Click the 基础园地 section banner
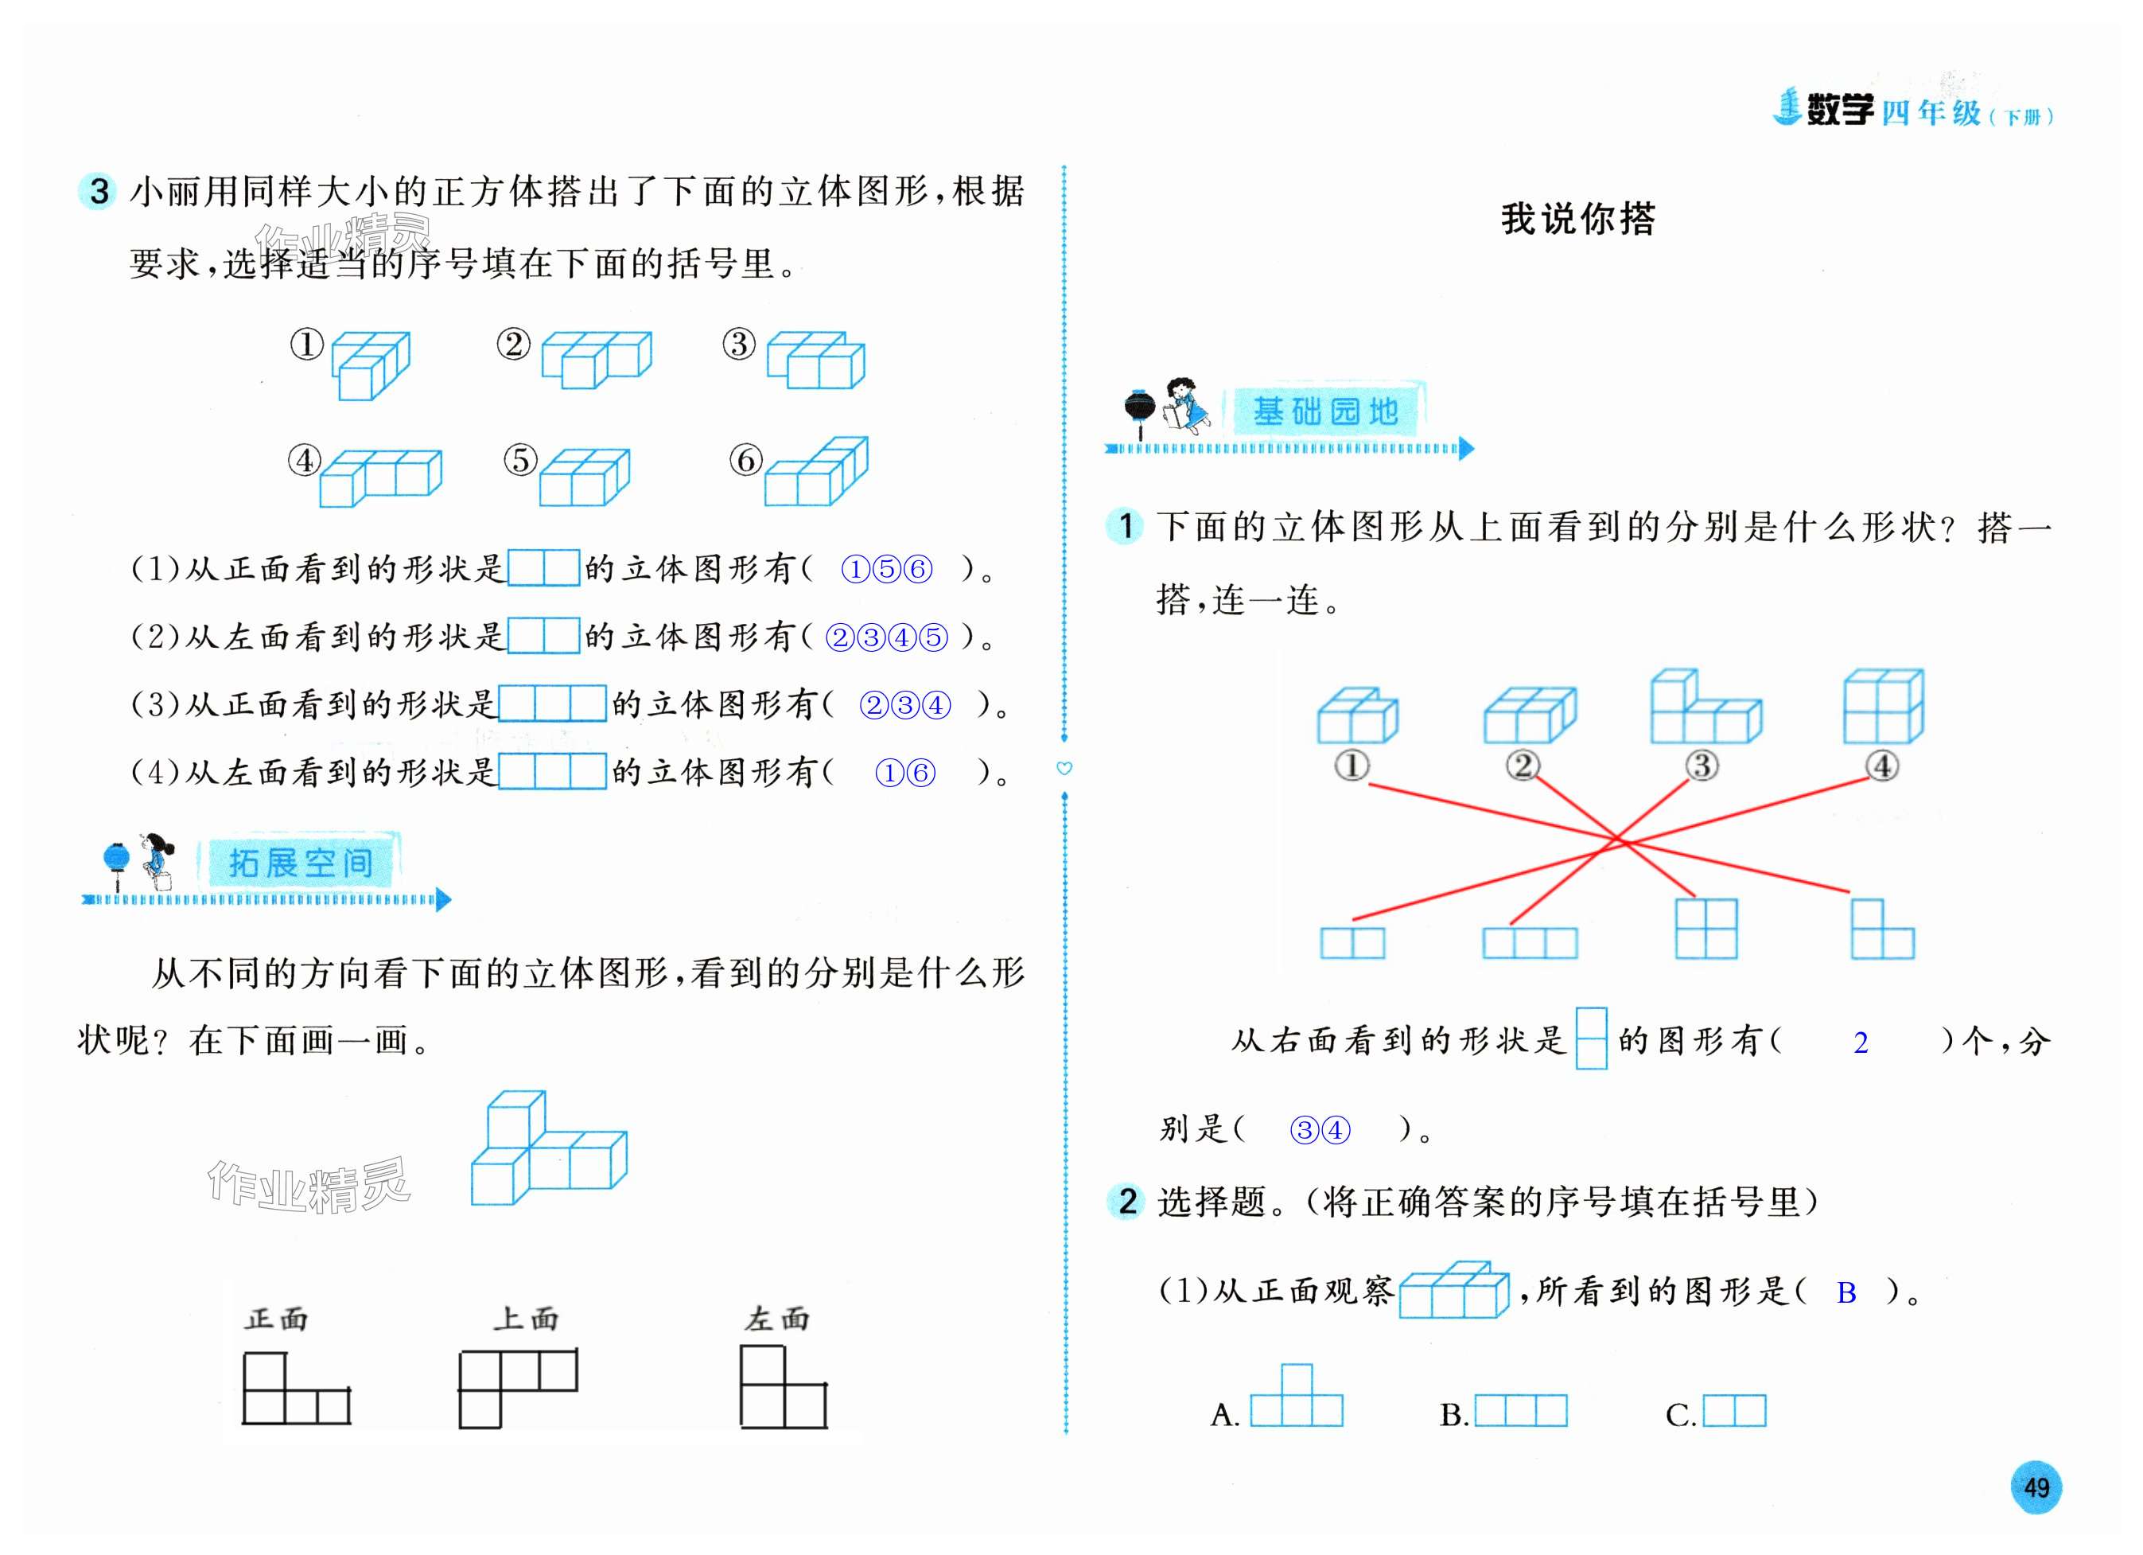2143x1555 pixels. (1324, 411)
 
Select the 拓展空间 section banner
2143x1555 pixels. (301, 862)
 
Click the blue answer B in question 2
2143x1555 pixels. (1846, 1293)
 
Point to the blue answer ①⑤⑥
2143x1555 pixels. (886, 569)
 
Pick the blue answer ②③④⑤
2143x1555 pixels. (886, 638)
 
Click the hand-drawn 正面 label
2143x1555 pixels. (276, 1319)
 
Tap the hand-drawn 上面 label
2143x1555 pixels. (525, 1319)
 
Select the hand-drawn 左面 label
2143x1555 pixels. (776, 1319)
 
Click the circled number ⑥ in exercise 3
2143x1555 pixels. (745, 460)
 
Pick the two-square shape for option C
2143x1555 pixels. (1734, 1411)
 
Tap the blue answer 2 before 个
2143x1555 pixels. (1861, 1043)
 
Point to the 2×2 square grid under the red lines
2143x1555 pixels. (1705, 928)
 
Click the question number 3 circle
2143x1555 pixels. (99, 192)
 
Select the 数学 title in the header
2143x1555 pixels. (1840, 111)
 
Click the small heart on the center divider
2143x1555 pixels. (1065, 769)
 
